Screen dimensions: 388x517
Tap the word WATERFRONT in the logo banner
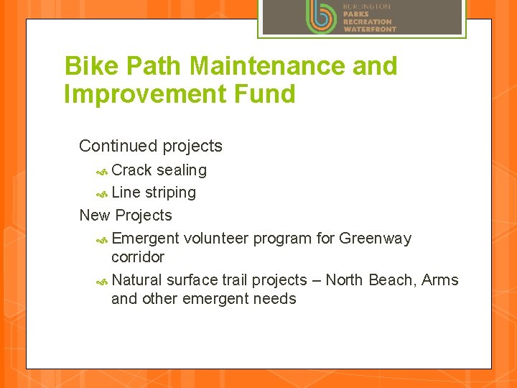tap(369, 29)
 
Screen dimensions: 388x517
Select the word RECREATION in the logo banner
tap(367, 22)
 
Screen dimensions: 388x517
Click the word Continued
tap(118, 146)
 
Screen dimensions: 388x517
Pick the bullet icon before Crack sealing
tap(102, 171)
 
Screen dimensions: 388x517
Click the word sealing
tap(182, 170)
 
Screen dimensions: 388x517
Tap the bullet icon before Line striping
tap(102, 193)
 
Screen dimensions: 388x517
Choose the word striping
tap(170, 193)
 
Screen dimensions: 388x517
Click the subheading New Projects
tap(126, 215)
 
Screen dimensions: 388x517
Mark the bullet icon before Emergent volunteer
tap(102, 239)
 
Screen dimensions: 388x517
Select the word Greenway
tap(375, 238)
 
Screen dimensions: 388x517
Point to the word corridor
tap(138, 257)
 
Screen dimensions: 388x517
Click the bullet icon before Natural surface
tap(102, 281)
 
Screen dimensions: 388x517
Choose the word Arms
tap(440, 280)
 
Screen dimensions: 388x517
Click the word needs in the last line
tap(276, 299)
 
